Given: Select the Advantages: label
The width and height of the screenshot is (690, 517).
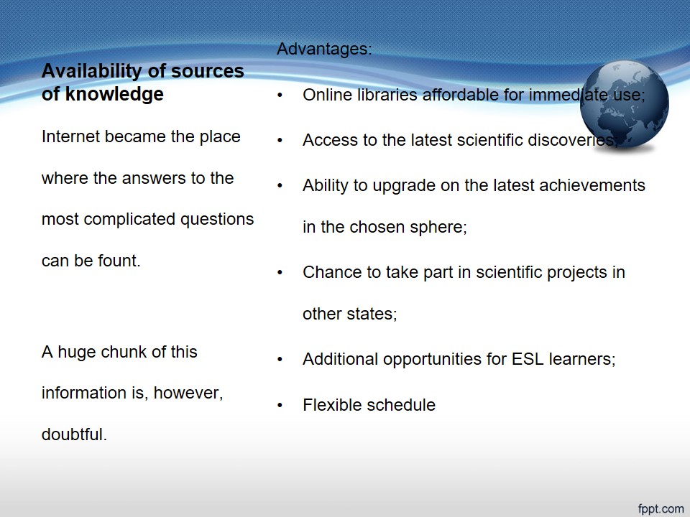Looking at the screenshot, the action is click(x=324, y=49).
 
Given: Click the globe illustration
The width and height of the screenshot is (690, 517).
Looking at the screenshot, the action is click(x=625, y=104).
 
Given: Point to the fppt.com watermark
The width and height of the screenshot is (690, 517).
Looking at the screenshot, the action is click(x=661, y=508).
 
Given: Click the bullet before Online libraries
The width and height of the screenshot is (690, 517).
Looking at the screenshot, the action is click(x=280, y=95).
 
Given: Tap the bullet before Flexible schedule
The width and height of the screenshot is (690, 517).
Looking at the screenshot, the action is click(x=280, y=405).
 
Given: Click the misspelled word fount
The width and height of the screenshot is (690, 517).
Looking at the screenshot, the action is click(x=119, y=261).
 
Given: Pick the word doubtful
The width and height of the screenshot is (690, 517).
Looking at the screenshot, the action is click(x=74, y=434).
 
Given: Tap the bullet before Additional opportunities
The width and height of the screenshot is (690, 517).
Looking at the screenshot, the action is click(x=280, y=359).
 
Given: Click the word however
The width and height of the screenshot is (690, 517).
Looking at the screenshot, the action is click(x=188, y=393).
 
